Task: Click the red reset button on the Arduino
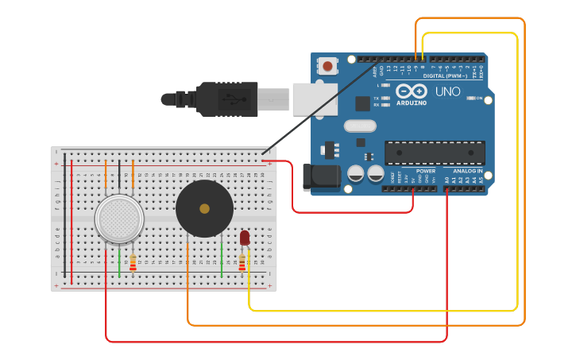point(327,66)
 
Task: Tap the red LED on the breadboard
point(245,237)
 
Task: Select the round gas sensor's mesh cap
point(119,219)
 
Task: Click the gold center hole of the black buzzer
point(204,208)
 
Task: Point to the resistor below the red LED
point(242,262)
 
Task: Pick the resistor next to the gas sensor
point(133,262)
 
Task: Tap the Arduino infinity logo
point(411,91)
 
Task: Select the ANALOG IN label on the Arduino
point(468,171)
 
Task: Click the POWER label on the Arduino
point(426,171)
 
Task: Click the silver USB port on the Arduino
point(315,99)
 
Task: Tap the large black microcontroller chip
point(435,153)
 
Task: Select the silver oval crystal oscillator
point(360,126)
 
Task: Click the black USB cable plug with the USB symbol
point(227,99)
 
